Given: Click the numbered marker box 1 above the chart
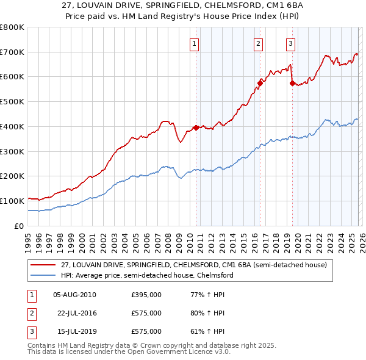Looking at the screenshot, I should [x=195, y=43].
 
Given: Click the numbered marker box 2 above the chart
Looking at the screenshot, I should [x=259, y=43].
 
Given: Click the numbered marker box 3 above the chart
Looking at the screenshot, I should [x=291, y=43].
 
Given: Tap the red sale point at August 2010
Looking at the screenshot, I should [x=196, y=128].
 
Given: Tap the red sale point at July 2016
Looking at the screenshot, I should [x=260, y=82].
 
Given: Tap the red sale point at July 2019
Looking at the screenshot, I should [x=292, y=82].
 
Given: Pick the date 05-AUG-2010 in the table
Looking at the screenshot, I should [x=75, y=295].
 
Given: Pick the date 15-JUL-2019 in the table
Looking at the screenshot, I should [x=74, y=331].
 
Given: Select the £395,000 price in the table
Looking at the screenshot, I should [x=146, y=295].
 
